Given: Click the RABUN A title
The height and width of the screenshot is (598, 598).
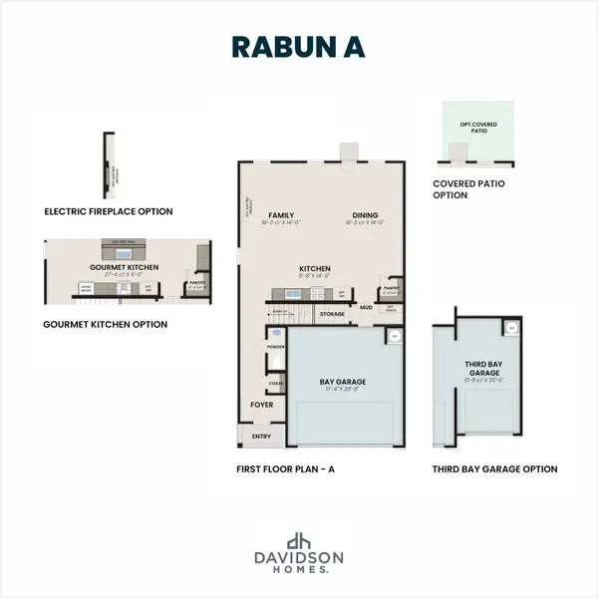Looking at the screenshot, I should tap(299, 48).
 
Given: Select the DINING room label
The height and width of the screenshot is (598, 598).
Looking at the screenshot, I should tap(364, 214).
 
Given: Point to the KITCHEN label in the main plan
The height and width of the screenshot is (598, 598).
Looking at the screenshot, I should tap(315, 268).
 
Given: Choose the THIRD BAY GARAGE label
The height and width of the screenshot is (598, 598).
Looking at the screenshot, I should tap(482, 369).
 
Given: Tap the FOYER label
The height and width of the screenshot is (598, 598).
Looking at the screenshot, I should tap(260, 405).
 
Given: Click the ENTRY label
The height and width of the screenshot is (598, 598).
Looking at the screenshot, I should tap(261, 436).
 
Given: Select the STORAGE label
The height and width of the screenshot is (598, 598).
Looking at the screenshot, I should tap(332, 313).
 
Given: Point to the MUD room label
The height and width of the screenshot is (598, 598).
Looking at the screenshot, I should tap(367, 308).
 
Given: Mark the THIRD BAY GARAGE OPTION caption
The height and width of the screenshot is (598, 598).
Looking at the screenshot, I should tap(494, 468).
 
